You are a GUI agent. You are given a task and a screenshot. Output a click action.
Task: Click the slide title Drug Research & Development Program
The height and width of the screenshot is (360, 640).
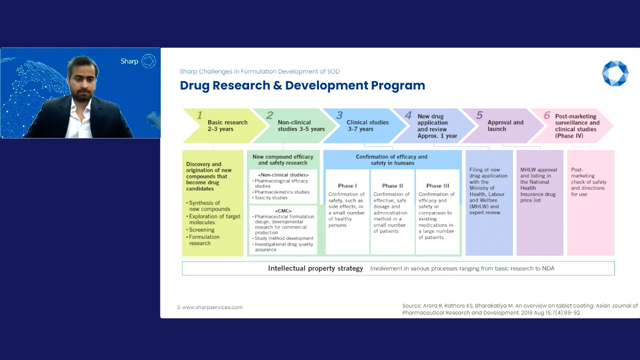(x=302, y=85)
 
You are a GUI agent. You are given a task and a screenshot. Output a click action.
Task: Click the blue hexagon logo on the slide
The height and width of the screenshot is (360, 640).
(x=614, y=73)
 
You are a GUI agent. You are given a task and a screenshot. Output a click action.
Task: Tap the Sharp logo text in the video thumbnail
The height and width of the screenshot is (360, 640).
(x=129, y=61)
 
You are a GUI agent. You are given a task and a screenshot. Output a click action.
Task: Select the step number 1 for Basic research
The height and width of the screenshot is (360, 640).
(x=199, y=115)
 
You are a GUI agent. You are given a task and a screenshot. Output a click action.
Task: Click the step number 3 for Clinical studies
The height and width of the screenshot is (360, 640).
(x=339, y=115)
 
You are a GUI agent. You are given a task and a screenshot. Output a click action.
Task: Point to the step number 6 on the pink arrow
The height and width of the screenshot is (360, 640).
(x=547, y=115)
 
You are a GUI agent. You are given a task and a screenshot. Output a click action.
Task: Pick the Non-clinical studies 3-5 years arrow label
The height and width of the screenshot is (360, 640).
(x=301, y=125)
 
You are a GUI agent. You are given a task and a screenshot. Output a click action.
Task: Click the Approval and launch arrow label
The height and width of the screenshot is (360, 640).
(x=505, y=125)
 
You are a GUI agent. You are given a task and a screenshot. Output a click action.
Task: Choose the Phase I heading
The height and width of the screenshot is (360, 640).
(x=347, y=186)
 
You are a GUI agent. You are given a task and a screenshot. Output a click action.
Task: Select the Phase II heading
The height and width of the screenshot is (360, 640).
(x=392, y=186)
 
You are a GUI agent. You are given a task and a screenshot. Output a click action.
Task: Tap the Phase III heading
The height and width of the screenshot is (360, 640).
(x=437, y=186)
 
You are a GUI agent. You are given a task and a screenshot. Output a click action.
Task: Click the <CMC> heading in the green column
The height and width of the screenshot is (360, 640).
(x=283, y=211)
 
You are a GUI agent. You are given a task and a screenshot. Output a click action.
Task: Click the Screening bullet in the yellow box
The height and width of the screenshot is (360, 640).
(x=201, y=230)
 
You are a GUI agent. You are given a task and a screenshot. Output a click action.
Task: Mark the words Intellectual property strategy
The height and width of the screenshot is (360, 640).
(x=315, y=268)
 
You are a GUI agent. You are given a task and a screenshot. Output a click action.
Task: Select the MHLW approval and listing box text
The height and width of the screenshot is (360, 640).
(x=538, y=185)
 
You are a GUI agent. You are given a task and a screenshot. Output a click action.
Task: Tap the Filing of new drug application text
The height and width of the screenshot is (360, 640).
(x=488, y=191)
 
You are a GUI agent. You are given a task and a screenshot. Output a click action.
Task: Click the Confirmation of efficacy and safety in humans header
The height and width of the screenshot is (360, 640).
(x=391, y=159)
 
